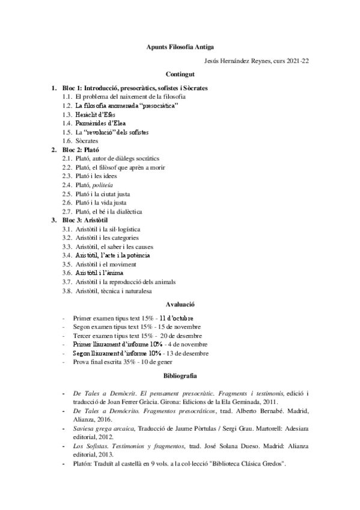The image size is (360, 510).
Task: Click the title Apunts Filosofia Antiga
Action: click(x=180, y=46)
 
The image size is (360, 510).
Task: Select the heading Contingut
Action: click(x=180, y=75)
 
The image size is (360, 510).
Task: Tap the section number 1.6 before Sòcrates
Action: click(x=67, y=140)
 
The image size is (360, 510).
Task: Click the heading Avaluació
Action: click(x=180, y=305)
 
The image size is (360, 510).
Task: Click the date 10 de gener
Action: click(x=171, y=361)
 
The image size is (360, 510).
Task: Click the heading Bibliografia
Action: click(x=180, y=375)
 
